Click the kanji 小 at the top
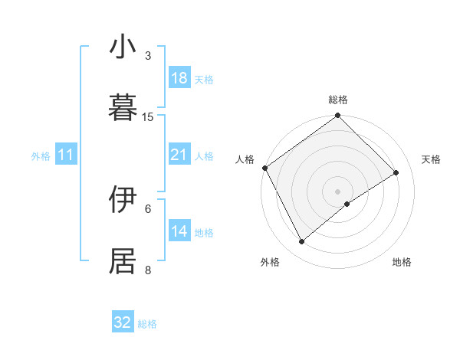coord(123,47)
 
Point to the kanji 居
coord(123,261)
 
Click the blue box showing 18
coord(179,78)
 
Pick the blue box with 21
coord(179,155)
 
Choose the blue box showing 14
coord(179,231)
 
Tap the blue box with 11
coord(65,155)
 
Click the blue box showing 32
coord(123,322)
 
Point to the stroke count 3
coord(148,56)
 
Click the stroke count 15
coord(148,117)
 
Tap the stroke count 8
coord(148,270)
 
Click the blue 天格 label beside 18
coord(204,79)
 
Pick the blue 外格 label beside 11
coord(41,155)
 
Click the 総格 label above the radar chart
coord(337,100)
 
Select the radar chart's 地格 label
coord(402,262)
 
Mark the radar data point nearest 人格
coord(265,168)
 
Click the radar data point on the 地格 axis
coord(347,204)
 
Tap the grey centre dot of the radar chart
coord(337,190)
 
